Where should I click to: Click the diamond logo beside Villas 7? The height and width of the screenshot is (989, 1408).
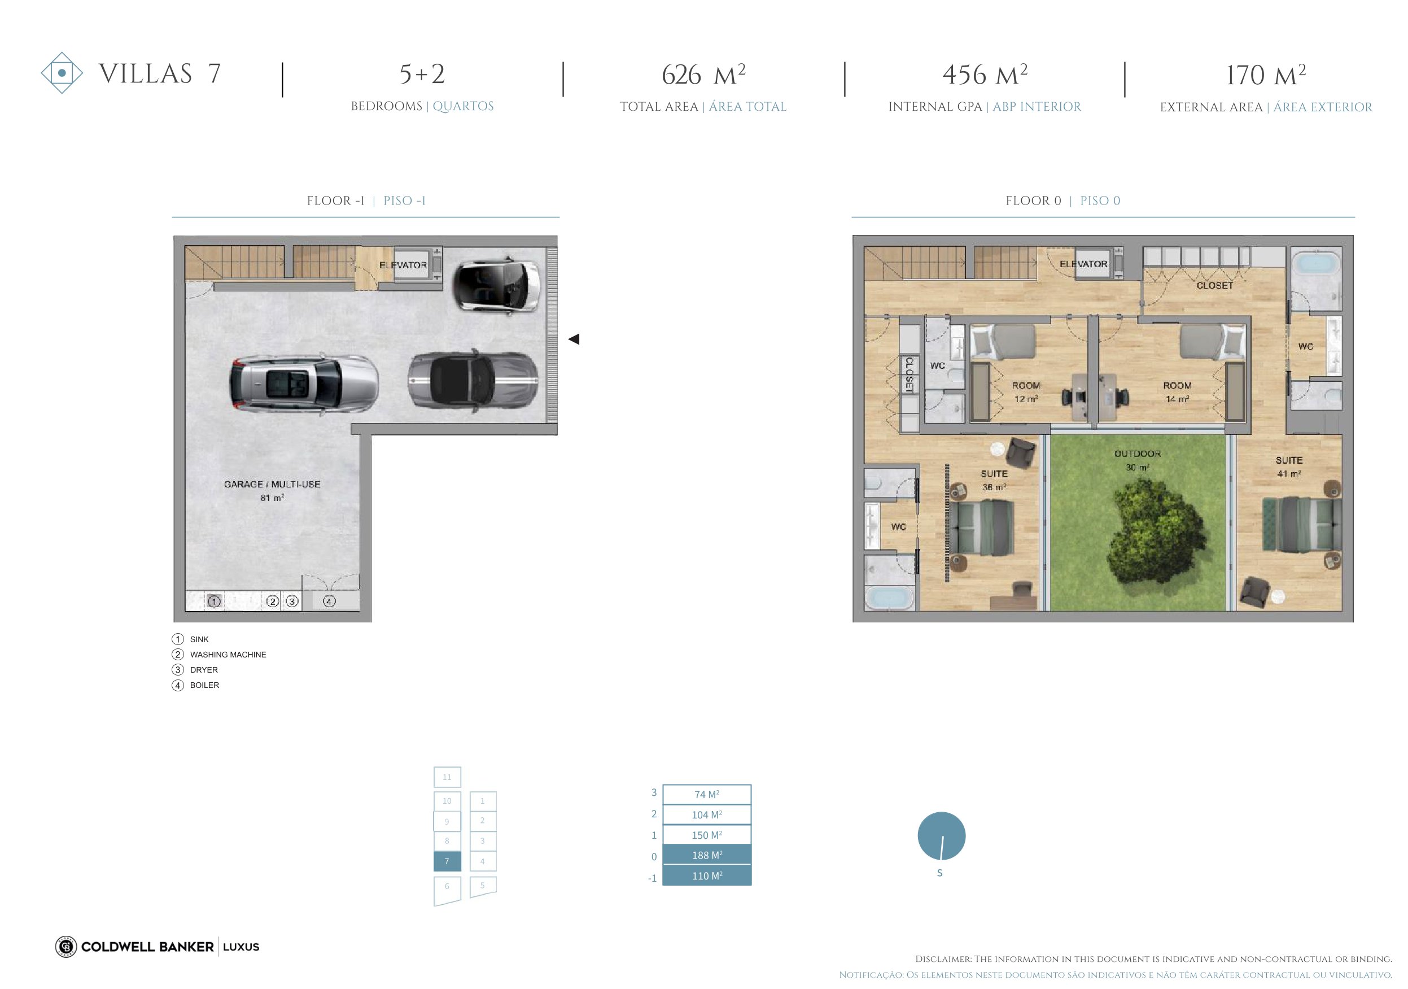62,73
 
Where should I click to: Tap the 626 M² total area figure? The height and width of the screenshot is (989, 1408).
703,75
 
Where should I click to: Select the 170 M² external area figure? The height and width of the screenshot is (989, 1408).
1266,75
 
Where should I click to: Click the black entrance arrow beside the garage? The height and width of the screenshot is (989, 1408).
574,339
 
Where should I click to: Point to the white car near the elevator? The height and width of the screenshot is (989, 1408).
497,285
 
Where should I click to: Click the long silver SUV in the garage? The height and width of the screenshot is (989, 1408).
304,384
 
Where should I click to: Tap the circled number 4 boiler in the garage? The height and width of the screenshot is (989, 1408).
329,602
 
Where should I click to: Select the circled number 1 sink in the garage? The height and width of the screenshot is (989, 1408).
214,602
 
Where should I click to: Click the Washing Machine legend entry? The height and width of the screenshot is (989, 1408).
228,655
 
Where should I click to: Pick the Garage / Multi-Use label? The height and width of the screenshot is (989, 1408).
272,484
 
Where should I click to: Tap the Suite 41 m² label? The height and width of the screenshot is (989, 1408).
1289,467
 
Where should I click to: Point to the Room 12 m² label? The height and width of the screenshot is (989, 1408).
1026,392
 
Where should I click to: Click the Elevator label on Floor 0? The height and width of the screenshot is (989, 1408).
1083,264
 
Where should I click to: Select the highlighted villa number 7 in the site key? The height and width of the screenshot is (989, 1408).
447,861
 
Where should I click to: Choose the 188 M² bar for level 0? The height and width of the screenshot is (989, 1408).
707,855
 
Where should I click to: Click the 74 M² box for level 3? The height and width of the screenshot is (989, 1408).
707,795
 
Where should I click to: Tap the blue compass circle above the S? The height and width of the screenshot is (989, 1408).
941,835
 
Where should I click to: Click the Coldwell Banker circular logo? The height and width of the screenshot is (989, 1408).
65,947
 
